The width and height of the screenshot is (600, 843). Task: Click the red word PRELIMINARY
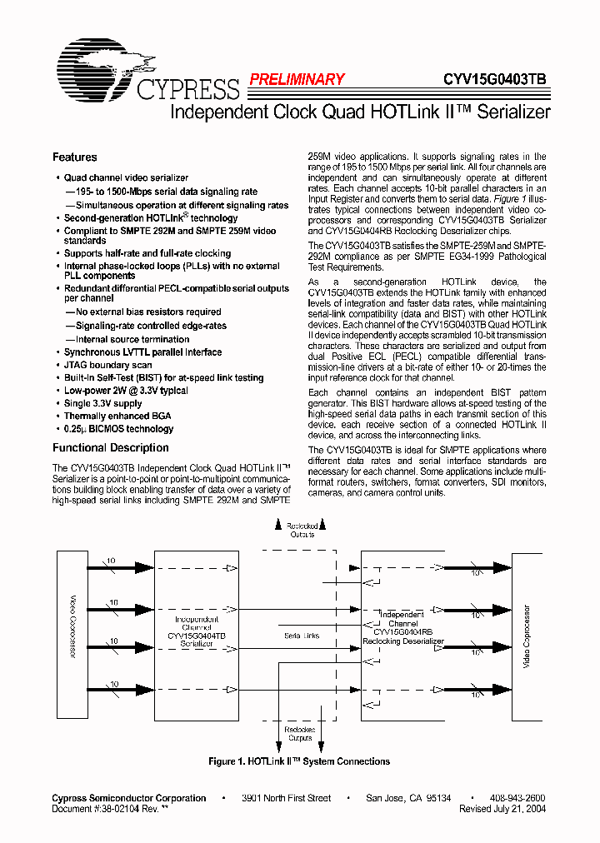pyautogui.click(x=296, y=79)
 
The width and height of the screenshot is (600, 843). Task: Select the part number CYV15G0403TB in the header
pyautogui.click(x=494, y=79)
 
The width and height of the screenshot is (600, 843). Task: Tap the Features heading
pyautogui.click(x=74, y=157)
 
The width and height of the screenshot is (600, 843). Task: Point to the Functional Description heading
pyautogui.click(x=110, y=447)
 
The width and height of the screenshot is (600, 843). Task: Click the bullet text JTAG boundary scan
pyautogui.click(x=107, y=365)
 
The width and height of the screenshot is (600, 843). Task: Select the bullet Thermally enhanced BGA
pyautogui.click(x=118, y=416)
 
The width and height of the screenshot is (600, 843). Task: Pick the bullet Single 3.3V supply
pyautogui.click(x=102, y=403)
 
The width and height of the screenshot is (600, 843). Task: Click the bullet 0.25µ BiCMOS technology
pyautogui.click(x=118, y=429)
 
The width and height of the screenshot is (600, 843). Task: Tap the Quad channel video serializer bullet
pyautogui.click(x=126, y=177)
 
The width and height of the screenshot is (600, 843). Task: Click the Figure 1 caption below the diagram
pyautogui.click(x=299, y=761)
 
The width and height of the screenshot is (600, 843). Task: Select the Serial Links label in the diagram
pyautogui.click(x=301, y=636)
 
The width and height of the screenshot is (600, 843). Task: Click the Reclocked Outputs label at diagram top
pyautogui.click(x=301, y=531)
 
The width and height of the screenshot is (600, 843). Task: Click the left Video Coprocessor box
pyautogui.click(x=72, y=637)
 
